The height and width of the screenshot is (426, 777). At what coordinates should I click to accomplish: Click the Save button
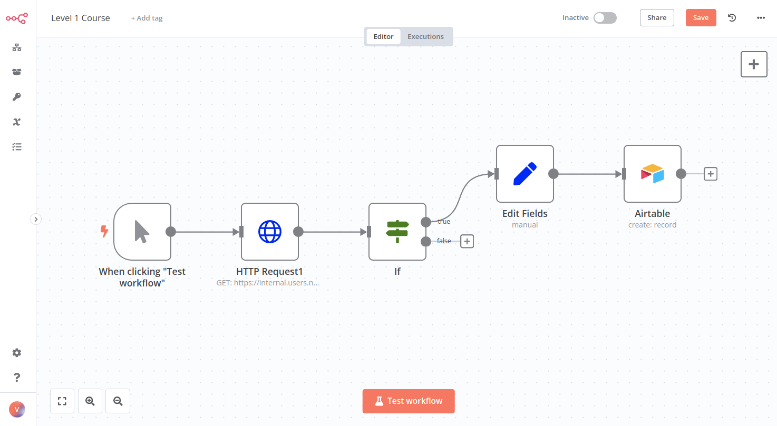point(701,18)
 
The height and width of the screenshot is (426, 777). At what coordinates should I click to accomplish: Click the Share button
point(657,18)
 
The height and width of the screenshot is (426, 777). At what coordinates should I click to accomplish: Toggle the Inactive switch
point(605,18)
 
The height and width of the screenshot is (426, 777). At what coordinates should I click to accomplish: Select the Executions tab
point(425,37)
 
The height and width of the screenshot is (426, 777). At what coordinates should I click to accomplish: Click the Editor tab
point(383,37)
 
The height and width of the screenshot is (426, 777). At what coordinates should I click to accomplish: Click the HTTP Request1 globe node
point(270,232)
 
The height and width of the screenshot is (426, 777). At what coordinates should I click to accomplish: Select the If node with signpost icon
point(397,232)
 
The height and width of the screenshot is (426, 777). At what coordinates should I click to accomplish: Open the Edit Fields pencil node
point(525,174)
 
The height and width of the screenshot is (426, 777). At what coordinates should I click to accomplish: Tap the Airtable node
point(653,174)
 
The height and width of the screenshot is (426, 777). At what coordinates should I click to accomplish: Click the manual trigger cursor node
point(142,232)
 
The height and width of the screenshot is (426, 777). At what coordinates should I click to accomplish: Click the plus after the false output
point(467,241)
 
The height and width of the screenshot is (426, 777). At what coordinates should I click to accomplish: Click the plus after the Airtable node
point(711,174)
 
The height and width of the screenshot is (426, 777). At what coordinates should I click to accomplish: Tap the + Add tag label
point(147,18)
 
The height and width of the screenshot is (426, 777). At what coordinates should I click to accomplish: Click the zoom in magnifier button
point(90,401)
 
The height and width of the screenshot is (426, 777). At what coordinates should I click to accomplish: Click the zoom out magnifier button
point(118,401)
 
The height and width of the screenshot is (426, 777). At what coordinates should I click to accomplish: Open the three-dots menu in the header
point(761,18)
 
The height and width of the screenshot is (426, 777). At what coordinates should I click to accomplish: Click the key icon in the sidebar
point(17,97)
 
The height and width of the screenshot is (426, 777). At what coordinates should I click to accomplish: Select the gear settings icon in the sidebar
point(17,353)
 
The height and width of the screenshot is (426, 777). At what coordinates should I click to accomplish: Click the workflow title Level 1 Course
point(81,18)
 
